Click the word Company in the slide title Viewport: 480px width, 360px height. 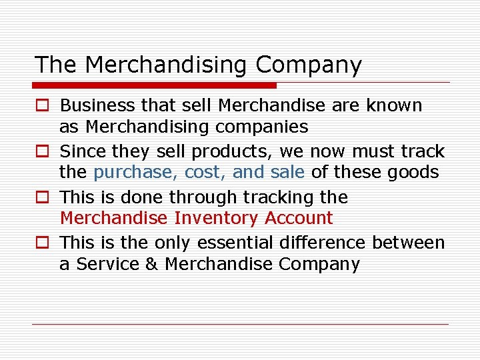(308, 65)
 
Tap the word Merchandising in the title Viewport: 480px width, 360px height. (167, 65)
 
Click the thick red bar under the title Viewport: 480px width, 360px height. (155, 85)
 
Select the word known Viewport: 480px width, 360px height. (398, 105)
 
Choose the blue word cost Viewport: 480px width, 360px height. (206, 173)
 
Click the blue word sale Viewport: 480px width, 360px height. (287, 173)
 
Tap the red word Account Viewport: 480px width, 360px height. (299, 218)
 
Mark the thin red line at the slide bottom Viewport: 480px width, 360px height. (240, 325)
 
